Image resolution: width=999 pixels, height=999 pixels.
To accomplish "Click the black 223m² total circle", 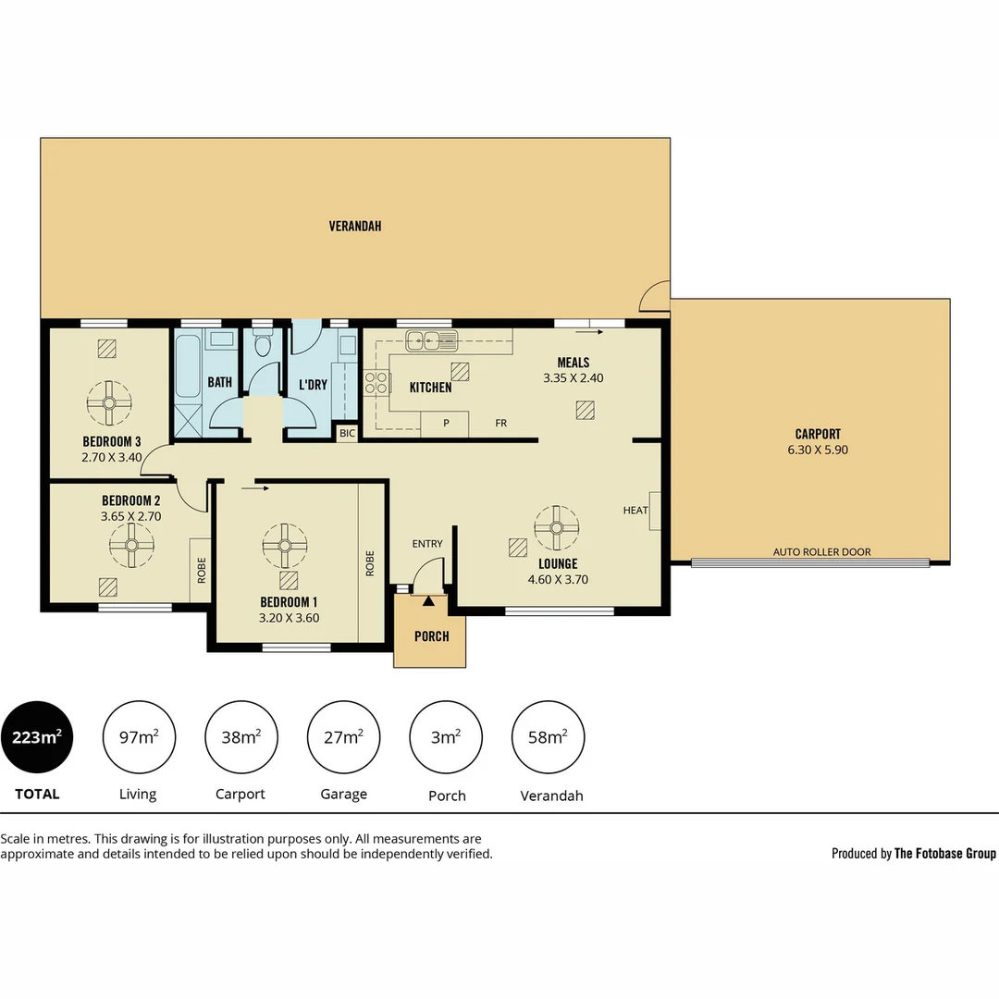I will [37, 737].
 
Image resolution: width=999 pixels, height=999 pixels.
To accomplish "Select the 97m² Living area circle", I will [139, 737].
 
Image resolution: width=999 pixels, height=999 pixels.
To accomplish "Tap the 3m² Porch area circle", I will [446, 737].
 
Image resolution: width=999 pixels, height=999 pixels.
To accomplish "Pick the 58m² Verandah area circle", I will [549, 737].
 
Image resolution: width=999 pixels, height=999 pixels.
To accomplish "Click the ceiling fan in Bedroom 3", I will [109, 402].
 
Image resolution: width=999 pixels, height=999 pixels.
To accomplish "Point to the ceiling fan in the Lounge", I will [557, 527].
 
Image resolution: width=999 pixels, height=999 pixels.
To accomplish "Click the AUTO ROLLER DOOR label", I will [821, 552].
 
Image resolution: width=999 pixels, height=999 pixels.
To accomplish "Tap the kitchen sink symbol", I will [431, 341].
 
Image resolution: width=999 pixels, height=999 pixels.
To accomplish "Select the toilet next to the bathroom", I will [263, 346].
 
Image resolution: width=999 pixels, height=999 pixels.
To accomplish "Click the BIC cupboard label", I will [347, 433].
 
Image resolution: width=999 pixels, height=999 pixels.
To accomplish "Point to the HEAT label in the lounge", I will [635, 511].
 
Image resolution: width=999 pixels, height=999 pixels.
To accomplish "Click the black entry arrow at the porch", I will [428, 602].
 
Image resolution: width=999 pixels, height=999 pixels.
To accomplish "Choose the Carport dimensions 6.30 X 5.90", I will [818, 450].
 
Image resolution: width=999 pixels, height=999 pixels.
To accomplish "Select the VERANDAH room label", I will [355, 226].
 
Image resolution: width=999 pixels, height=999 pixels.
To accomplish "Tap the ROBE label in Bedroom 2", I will [201, 569].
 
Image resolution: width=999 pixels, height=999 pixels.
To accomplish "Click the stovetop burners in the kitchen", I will [376, 382].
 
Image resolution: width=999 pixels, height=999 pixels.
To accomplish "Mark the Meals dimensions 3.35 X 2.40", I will [573, 377].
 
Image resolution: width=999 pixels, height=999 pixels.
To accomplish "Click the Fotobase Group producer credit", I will [913, 854].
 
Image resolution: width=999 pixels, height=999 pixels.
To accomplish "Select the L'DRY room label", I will [313, 384].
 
